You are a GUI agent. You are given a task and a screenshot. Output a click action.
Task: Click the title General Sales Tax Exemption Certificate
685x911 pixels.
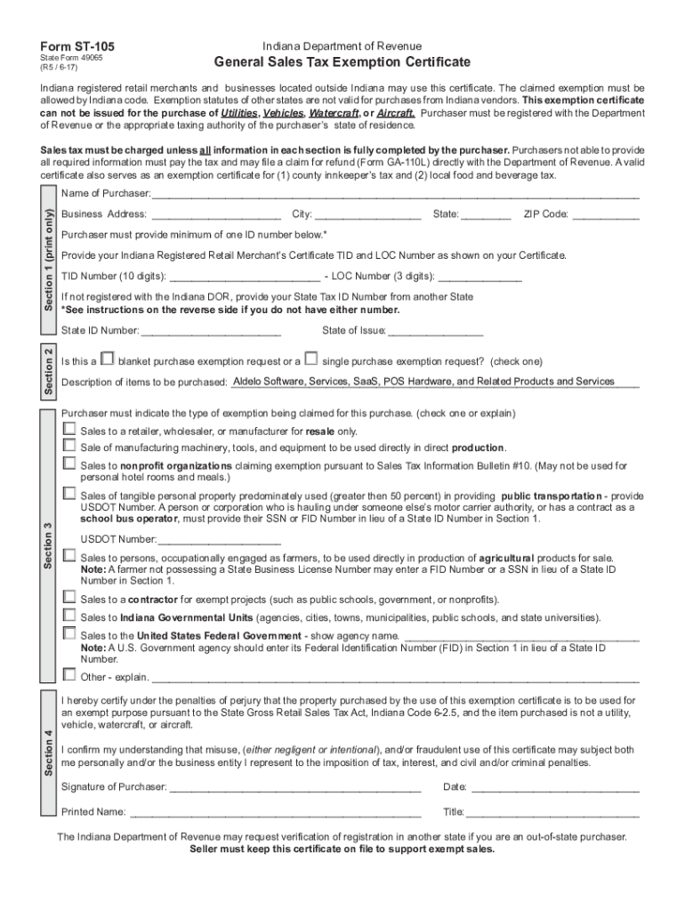342,62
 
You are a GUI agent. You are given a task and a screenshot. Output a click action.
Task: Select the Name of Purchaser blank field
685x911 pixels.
395,193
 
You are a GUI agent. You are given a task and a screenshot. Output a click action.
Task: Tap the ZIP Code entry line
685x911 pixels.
606,214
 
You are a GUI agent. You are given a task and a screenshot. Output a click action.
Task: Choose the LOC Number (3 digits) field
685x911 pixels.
479,276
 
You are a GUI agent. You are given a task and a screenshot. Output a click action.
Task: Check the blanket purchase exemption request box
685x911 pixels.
107,359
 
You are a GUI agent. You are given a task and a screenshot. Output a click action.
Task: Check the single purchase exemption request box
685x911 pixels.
310,359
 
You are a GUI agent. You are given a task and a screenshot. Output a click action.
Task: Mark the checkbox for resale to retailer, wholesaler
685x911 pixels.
69,429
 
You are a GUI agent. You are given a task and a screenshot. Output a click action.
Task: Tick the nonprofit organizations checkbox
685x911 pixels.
69,464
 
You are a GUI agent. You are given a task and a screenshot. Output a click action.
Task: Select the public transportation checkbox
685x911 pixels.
69,493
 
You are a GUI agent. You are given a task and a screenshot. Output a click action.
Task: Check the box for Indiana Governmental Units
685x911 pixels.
69,616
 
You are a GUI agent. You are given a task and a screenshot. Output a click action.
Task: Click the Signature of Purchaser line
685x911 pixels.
294,787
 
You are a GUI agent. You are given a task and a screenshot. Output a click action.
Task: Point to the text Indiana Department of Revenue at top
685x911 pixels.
342,45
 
